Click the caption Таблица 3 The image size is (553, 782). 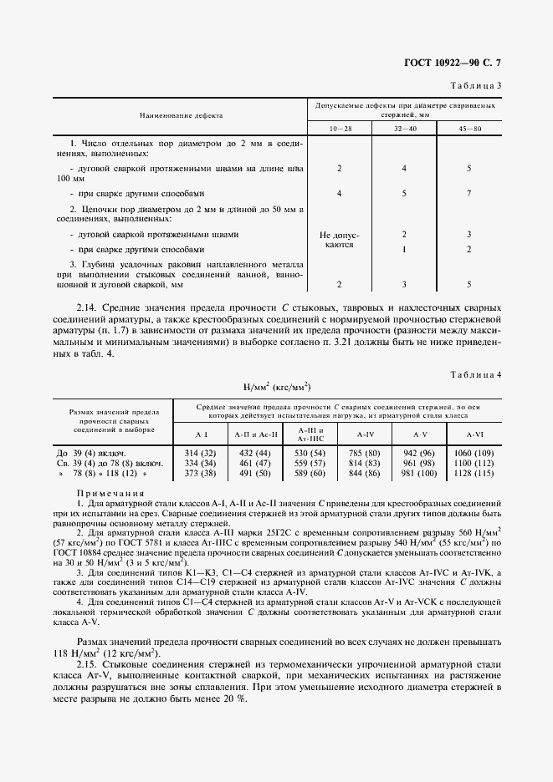[476, 85]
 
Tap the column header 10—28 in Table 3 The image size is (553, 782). [339, 129]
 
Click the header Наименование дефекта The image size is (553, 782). [181, 114]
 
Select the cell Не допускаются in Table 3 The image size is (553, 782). [339, 241]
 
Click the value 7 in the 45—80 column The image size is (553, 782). [469, 194]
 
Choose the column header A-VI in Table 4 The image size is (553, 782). [474, 434]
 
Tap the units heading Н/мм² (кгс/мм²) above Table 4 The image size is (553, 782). [276, 387]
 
